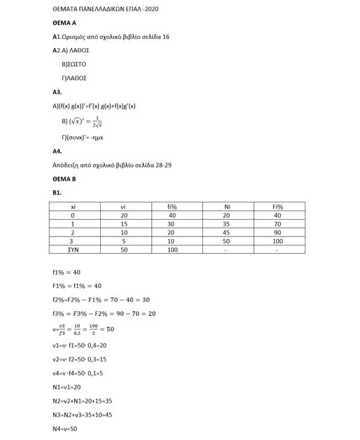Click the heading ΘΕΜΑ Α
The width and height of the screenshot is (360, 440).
(x=64, y=23)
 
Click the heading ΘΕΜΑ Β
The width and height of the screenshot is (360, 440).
(x=64, y=179)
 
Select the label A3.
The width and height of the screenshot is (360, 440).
(x=58, y=92)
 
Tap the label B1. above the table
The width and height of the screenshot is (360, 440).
(x=58, y=192)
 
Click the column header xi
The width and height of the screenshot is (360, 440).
(x=73, y=207)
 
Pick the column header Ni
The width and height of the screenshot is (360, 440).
(x=227, y=207)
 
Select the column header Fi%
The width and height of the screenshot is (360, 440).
(x=278, y=207)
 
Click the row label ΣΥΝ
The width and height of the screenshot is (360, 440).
(x=73, y=250)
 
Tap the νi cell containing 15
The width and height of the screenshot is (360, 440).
(x=124, y=224)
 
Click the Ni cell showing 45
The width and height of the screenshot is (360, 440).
(x=226, y=232)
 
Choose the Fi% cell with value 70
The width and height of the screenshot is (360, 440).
(x=277, y=224)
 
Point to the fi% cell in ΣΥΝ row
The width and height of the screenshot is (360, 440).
(x=173, y=250)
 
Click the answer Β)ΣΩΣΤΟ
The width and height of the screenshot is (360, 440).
(x=74, y=64)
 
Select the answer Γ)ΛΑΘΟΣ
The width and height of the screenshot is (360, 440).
(x=74, y=78)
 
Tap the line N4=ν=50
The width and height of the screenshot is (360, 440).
(x=65, y=429)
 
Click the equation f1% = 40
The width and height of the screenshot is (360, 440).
(x=67, y=272)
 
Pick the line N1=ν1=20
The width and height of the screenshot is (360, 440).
(x=67, y=387)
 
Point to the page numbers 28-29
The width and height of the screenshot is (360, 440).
(x=160, y=164)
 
